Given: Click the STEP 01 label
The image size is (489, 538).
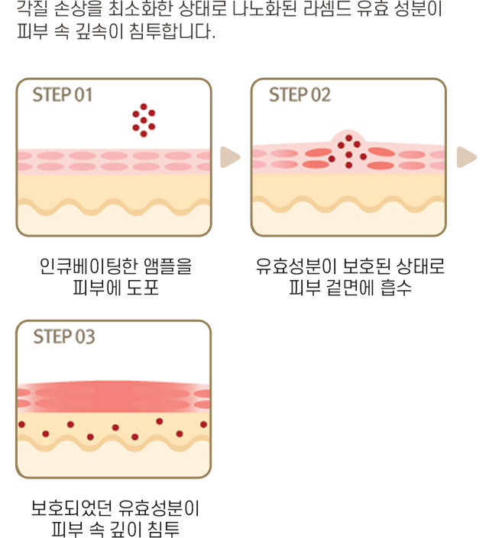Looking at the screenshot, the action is (x=63, y=95).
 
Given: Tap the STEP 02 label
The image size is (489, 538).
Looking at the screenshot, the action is (x=300, y=95).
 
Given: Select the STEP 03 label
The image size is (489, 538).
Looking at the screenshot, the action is (x=64, y=337).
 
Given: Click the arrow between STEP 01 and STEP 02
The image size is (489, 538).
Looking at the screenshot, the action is (x=230, y=157).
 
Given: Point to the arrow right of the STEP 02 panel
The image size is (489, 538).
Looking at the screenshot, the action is (x=467, y=157).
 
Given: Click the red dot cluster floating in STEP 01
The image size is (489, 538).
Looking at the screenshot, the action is (x=144, y=121).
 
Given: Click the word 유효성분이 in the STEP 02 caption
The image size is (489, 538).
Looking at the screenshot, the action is (x=296, y=266).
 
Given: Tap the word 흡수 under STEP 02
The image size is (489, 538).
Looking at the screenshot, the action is (x=396, y=288).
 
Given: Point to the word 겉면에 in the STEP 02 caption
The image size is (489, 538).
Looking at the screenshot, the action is (x=349, y=288).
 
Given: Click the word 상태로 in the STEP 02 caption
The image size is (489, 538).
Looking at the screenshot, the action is (x=420, y=266).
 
